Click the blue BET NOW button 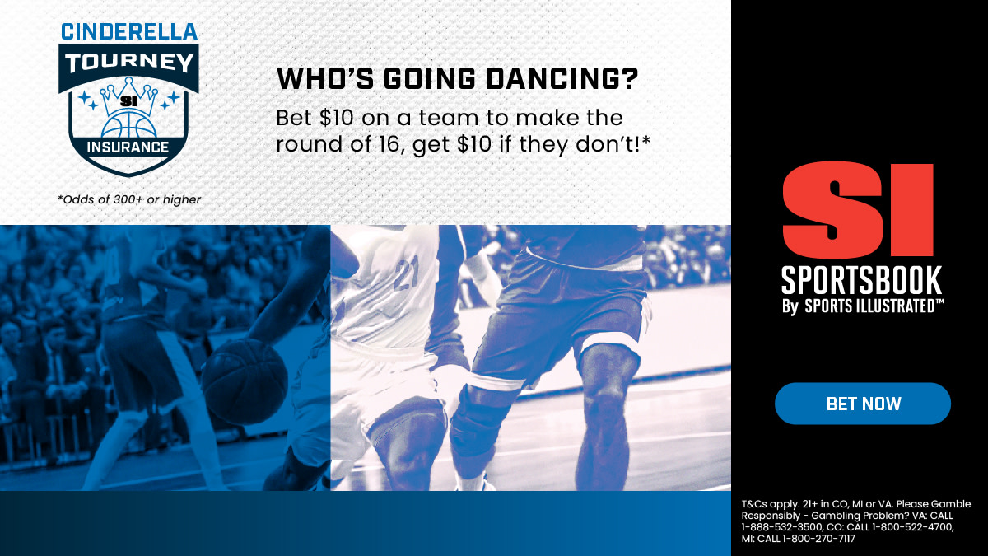[x=863, y=404]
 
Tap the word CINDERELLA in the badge [x=128, y=32]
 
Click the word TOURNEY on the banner [x=128, y=63]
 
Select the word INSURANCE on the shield [x=128, y=147]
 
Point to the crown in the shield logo [x=128, y=97]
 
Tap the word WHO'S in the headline [x=325, y=78]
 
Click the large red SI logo [x=858, y=209]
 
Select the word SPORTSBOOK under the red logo [x=861, y=280]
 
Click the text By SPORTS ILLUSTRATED [x=863, y=306]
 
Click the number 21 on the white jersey [x=406, y=274]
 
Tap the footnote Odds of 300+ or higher [x=129, y=199]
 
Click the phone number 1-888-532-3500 [x=781, y=527]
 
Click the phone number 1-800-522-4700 [x=912, y=527]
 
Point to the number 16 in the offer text [x=390, y=144]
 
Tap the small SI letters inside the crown [x=128, y=101]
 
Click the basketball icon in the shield [x=128, y=125]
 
